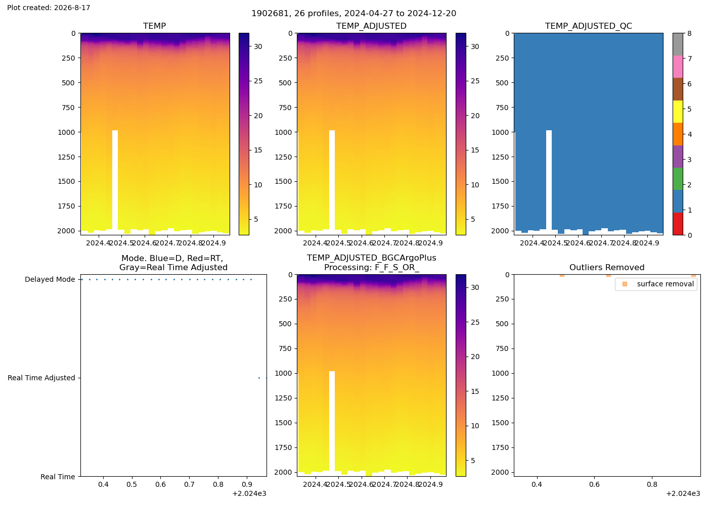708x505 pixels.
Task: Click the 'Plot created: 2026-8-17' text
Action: click(x=49, y=8)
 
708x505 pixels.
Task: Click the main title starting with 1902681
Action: click(x=353, y=14)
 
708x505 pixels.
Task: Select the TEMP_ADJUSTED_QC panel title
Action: click(x=589, y=26)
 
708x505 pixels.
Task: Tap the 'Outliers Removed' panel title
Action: click(x=607, y=267)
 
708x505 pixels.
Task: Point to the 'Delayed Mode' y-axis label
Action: click(x=50, y=280)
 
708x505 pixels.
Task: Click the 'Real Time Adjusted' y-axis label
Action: click(x=41, y=378)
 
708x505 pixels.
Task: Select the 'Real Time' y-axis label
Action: click(x=58, y=477)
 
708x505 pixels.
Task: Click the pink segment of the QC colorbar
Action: click(x=678, y=67)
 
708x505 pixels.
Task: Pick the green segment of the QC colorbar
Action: click(x=678, y=179)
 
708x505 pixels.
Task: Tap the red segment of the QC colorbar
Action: click(x=678, y=224)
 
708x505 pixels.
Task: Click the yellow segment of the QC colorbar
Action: click(x=678, y=112)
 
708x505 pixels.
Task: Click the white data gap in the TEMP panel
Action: click(x=115, y=180)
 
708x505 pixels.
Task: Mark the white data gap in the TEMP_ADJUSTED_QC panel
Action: click(x=549, y=180)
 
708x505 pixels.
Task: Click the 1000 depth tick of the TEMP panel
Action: click(x=66, y=132)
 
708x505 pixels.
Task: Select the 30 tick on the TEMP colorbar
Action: click(x=258, y=46)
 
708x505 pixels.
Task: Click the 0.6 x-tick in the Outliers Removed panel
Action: click(x=594, y=484)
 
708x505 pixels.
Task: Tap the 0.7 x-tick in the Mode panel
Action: click(x=189, y=484)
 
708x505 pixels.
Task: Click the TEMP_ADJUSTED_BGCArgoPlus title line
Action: click(x=371, y=258)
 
